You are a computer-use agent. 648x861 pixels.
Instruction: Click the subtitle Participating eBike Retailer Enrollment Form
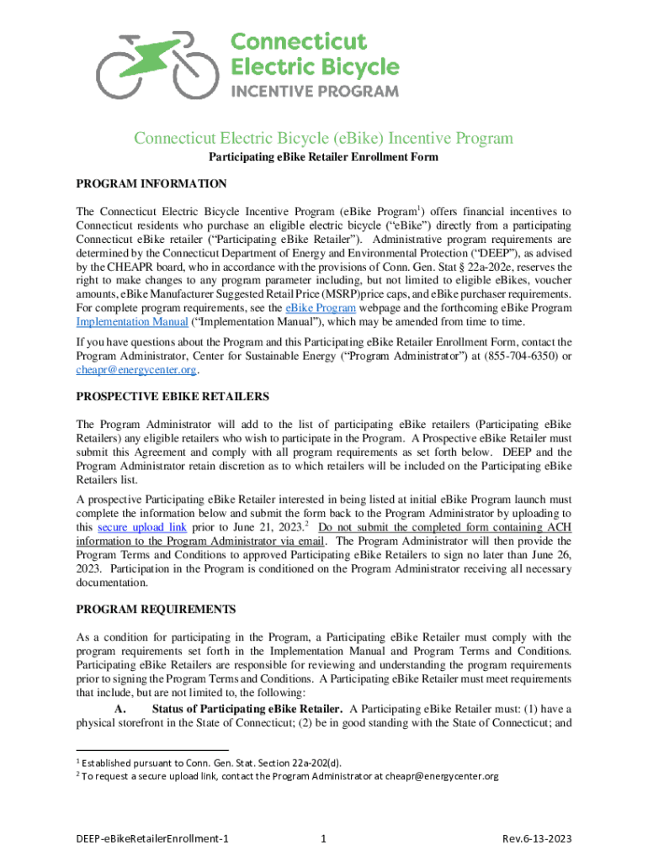324,157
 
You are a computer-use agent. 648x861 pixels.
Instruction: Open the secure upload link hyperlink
142,527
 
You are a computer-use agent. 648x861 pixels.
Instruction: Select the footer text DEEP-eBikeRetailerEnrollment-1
152,838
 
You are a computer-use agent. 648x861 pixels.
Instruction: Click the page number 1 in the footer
324,838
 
